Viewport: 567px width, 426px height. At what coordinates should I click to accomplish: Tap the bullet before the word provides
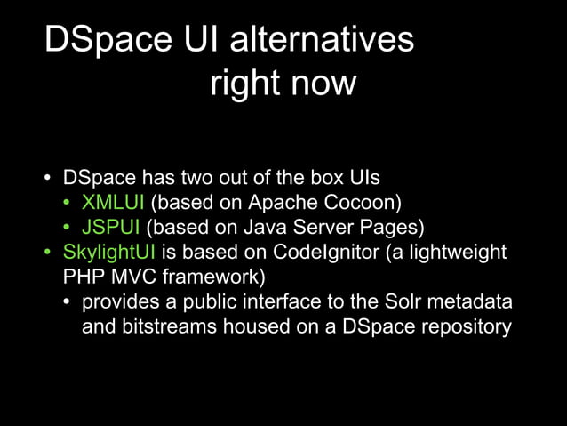[x=68, y=303]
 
